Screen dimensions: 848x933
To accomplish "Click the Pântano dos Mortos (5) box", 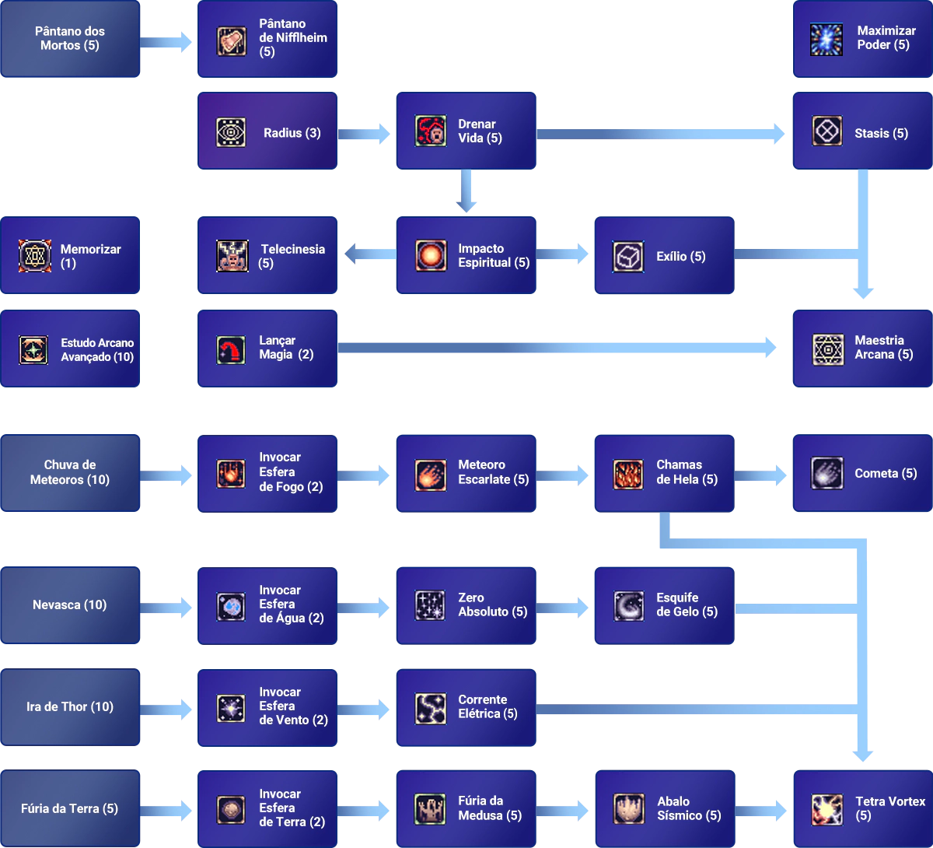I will tap(70, 39).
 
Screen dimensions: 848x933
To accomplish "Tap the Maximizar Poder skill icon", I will tap(826, 39).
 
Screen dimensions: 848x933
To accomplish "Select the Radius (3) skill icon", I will tap(231, 132).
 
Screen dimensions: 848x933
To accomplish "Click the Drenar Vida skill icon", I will tap(430, 131).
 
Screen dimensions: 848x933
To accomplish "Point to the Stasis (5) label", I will tap(881, 133).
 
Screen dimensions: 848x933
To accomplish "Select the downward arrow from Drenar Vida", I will tap(466, 191).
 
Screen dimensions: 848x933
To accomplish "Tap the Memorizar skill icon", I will tap(35, 256).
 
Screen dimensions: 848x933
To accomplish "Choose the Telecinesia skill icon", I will tap(232, 256).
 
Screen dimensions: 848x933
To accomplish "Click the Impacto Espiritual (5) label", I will tap(494, 256).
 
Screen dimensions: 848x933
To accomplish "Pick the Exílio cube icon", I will tap(628, 256).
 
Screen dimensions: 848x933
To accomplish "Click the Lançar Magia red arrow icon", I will tap(231, 349).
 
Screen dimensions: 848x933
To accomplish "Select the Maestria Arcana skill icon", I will tap(828, 349).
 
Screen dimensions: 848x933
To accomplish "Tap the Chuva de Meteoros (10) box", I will tap(70, 472).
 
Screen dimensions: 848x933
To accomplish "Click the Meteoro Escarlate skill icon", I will tap(430, 474).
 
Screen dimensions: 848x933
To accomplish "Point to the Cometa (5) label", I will tap(886, 473).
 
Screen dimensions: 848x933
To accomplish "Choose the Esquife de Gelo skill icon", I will tap(628, 606).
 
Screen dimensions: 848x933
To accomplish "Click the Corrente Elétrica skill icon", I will tap(430, 708).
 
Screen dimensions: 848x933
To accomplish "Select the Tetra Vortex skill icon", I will tap(826, 809).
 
